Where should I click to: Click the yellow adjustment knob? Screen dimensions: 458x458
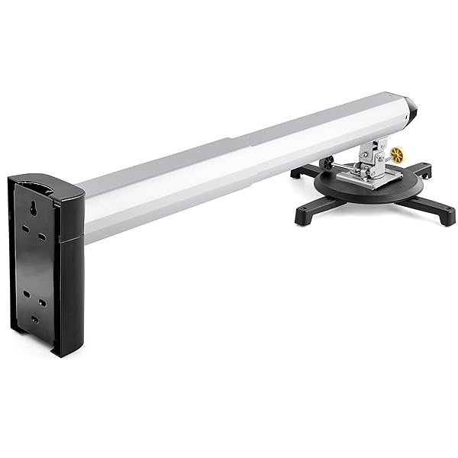396,155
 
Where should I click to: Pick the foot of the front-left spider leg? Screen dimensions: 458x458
303,218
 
